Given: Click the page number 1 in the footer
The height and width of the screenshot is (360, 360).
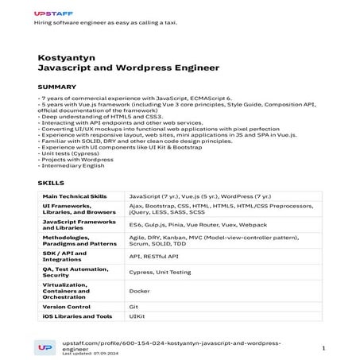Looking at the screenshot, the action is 323,348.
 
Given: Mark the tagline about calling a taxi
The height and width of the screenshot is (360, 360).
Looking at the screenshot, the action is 105,22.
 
